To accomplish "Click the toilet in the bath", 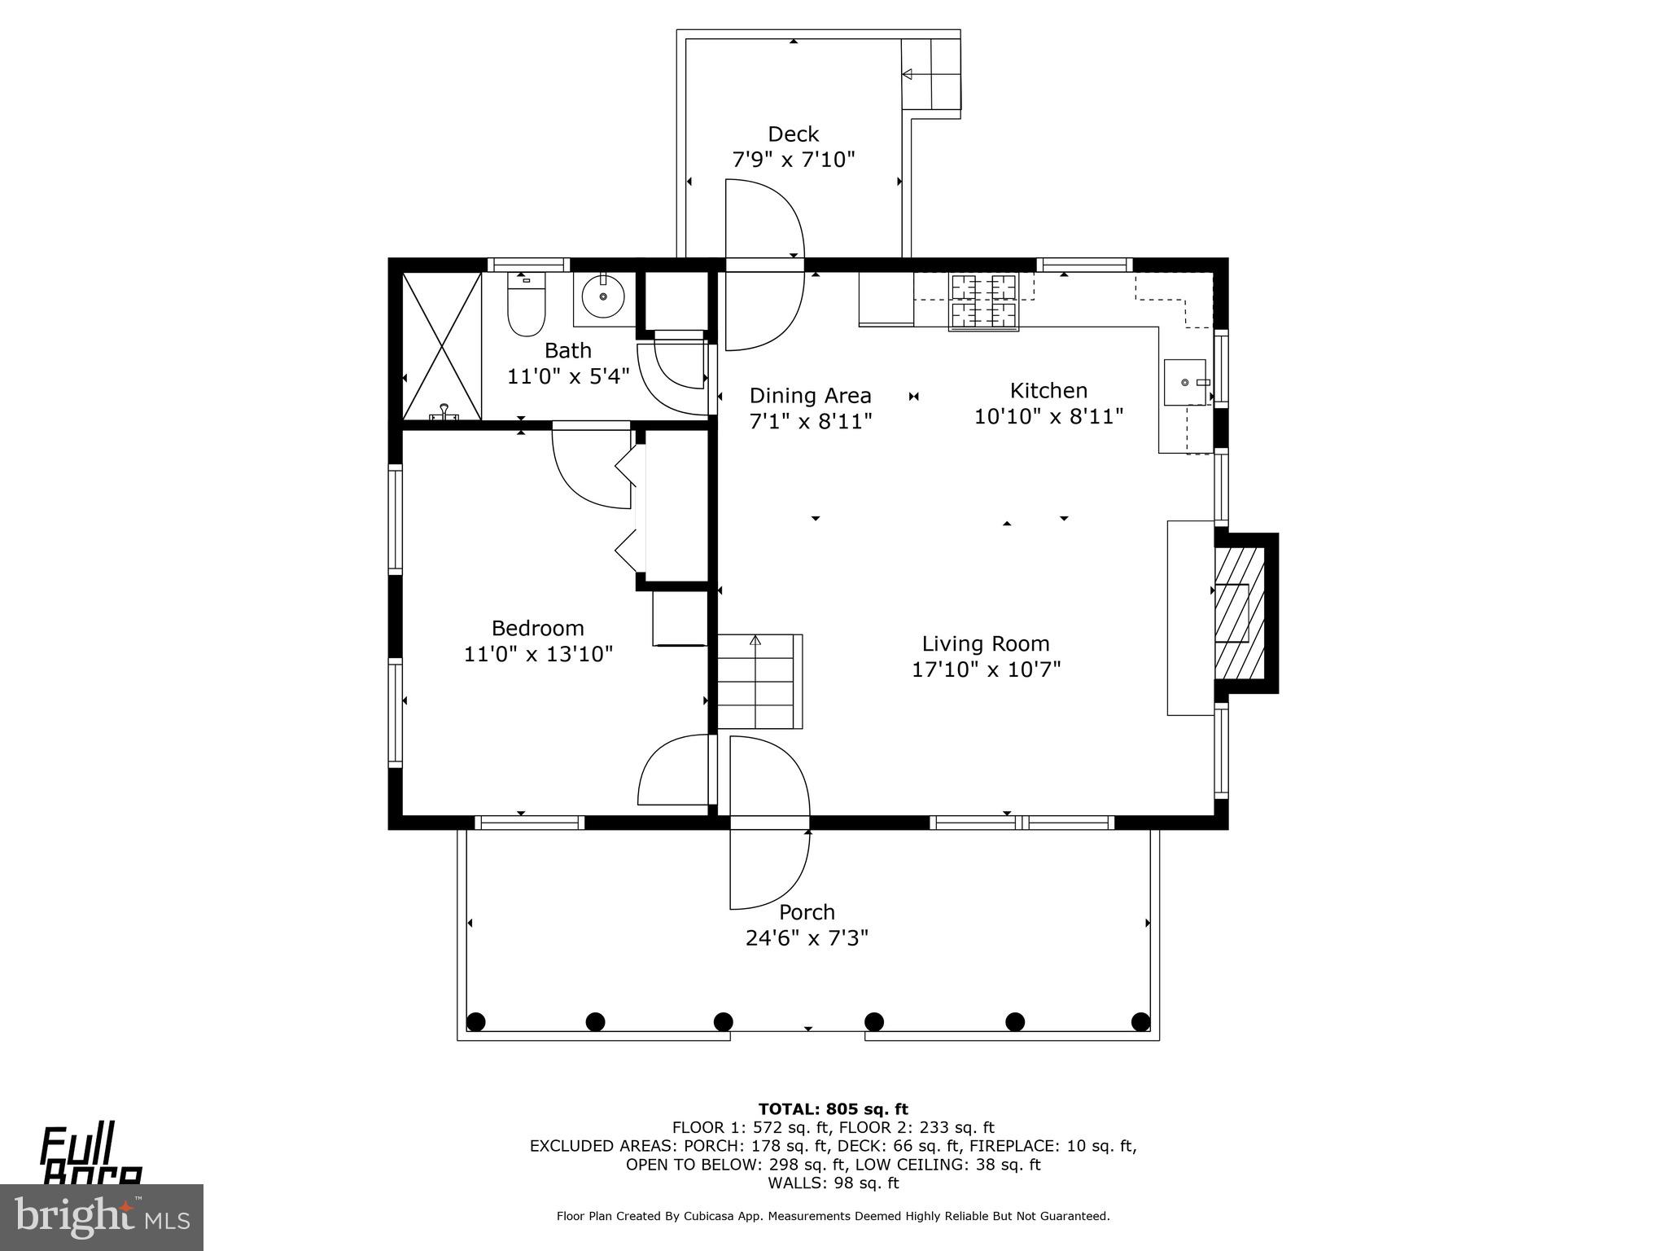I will [x=526, y=308].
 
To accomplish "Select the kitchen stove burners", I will [x=984, y=301].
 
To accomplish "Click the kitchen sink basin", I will [x=1185, y=382].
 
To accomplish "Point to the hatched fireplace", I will [x=1239, y=612].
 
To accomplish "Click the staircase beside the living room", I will [x=758, y=682].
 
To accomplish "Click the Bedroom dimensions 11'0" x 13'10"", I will [x=538, y=654].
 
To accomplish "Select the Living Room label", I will [x=986, y=643].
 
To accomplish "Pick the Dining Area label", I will [x=810, y=396].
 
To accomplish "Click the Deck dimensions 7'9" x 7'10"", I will [x=794, y=160].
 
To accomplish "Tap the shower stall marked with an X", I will [x=442, y=346].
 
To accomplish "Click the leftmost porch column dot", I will [x=476, y=1021].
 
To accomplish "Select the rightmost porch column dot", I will [x=1140, y=1021].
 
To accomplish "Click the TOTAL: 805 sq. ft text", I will [x=833, y=1108].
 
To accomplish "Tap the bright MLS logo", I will [x=101, y=1218].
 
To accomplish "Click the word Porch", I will [x=807, y=912].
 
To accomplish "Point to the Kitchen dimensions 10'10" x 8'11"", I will [x=1048, y=417].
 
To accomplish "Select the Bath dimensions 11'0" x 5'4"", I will [x=568, y=376].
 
